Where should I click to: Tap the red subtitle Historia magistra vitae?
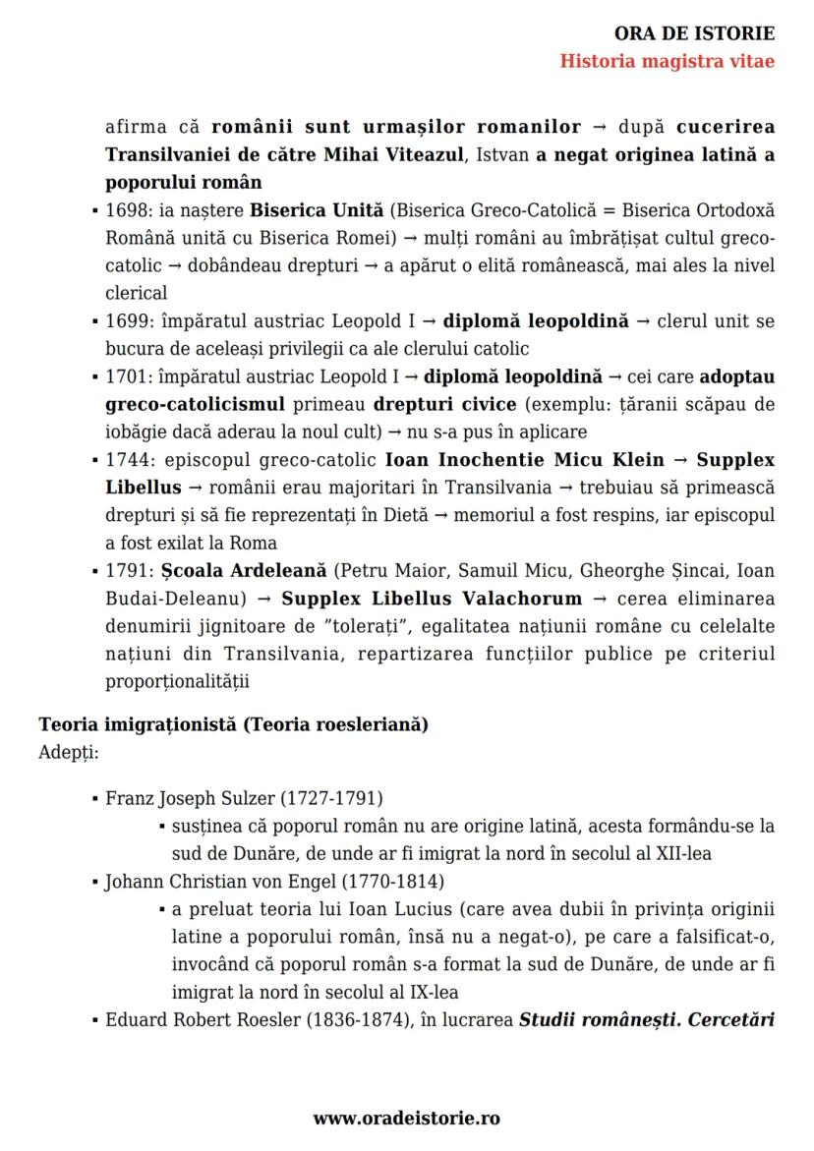coord(667,61)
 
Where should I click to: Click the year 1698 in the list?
coord(124,210)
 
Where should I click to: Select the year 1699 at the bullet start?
coord(124,320)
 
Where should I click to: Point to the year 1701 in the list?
coord(124,375)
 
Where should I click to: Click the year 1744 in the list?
coord(124,460)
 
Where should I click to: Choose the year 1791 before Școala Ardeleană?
coord(124,571)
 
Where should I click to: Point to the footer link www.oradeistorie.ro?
coord(407,1119)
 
